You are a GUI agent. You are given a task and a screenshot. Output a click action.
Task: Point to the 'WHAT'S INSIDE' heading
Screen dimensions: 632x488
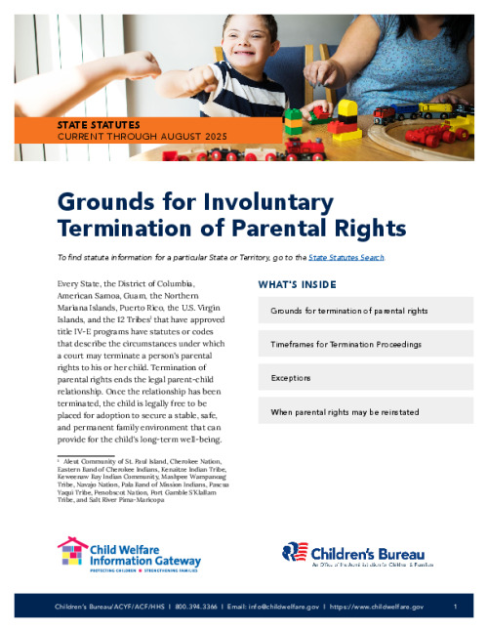[x=297, y=284]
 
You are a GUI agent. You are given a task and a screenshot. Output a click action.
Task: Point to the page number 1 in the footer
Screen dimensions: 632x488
[x=456, y=607]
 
